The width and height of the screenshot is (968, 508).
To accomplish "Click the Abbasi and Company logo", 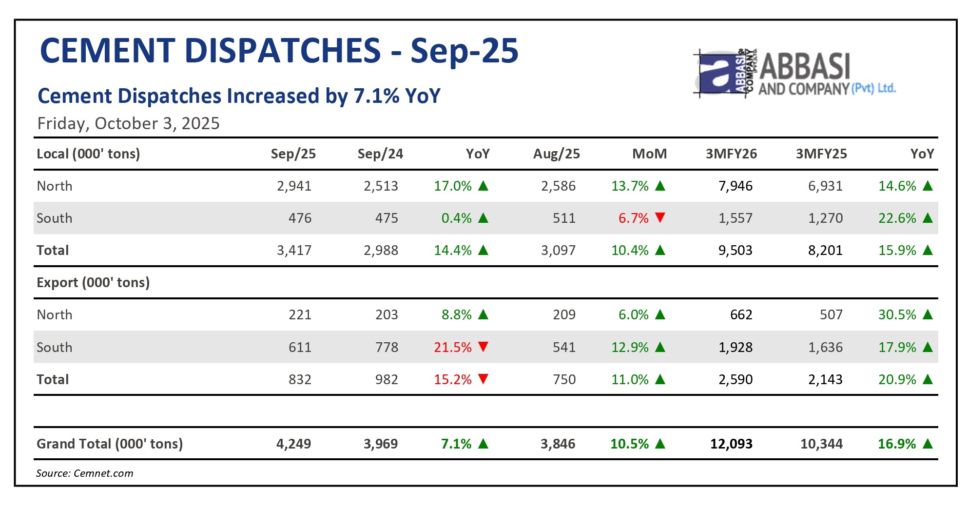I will tap(794, 74).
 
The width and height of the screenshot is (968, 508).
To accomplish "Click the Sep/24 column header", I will tap(380, 154).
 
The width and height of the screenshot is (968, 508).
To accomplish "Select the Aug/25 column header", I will tap(556, 154).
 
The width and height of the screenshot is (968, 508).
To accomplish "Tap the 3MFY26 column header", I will tap(731, 154).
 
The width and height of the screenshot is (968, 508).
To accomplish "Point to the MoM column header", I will tap(649, 154).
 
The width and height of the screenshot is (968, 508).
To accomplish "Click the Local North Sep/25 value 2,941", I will tap(294, 186).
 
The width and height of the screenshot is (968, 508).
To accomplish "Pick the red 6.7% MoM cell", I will tap(633, 218).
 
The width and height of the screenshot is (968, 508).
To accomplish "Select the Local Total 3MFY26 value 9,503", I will tap(735, 251).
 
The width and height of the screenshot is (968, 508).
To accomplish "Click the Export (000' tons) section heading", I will tap(93, 283).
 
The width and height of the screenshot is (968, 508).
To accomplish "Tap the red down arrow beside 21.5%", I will tap(483, 347).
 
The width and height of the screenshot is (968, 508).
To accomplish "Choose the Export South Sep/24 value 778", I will tap(387, 347).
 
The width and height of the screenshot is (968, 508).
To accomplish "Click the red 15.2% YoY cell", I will tap(453, 379).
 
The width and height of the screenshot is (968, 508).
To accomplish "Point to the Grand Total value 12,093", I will tap(731, 444).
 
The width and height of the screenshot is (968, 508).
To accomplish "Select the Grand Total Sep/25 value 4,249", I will tap(293, 444).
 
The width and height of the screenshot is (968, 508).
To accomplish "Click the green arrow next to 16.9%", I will tap(928, 444).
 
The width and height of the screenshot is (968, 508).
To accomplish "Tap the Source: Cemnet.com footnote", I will tap(84, 473).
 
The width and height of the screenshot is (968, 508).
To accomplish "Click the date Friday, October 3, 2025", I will tap(128, 123).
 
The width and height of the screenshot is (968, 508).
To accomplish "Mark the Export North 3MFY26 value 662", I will tap(741, 315).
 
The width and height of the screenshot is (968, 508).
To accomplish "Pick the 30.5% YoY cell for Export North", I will tap(897, 315).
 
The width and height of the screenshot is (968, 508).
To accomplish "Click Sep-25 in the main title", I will tap(465, 51).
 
